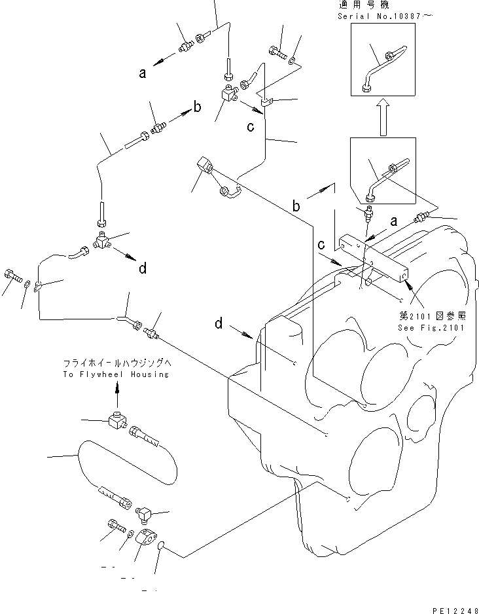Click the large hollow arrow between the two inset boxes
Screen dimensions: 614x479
point(382,117)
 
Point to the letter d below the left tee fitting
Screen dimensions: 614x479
point(142,267)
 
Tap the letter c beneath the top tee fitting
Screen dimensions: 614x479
point(250,126)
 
